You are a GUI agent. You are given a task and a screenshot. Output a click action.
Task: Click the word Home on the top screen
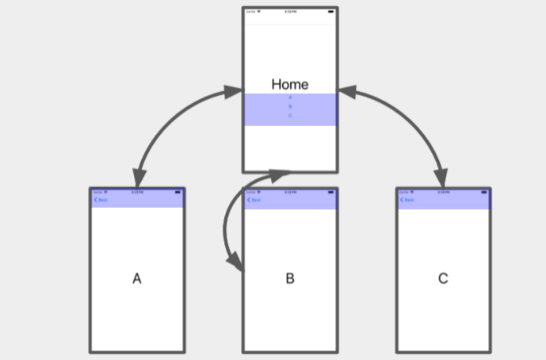click(x=290, y=84)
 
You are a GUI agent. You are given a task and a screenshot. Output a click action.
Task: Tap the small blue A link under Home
click(x=290, y=98)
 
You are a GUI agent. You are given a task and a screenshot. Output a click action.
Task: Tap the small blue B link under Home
click(x=290, y=106)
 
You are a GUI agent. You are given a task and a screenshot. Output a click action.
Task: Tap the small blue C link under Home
click(x=290, y=116)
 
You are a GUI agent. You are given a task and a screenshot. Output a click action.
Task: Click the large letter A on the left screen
click(x=137, y=278)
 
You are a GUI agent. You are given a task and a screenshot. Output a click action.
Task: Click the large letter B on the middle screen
click(x=290, y=278)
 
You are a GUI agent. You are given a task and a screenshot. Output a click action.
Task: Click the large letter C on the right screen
click(x=443, y=278)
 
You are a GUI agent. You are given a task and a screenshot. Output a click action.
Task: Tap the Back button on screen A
click(x=101, y=200)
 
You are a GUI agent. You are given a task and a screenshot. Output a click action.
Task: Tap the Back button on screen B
click(x=254, y=200)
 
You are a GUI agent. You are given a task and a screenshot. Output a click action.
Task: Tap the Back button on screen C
click(x=407, y=200)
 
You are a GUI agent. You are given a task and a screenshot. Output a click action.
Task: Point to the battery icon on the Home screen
click(x=330, y=12)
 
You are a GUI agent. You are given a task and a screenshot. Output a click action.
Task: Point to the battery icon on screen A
click(x=178, y=192)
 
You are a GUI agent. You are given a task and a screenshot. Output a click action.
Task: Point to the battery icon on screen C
click(x=484, y=192)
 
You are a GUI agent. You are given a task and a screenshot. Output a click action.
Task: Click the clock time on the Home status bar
click(x=290, y=12)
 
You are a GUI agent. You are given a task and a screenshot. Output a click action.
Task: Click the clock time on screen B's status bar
click(x=290, y=192)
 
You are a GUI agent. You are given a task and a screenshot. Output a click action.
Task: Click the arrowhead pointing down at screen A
click(x=139, y=179)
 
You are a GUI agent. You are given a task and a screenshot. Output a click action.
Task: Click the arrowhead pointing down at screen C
click(x=441, y=179)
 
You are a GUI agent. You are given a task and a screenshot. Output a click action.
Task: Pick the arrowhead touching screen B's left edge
click(x=235, y=265)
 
